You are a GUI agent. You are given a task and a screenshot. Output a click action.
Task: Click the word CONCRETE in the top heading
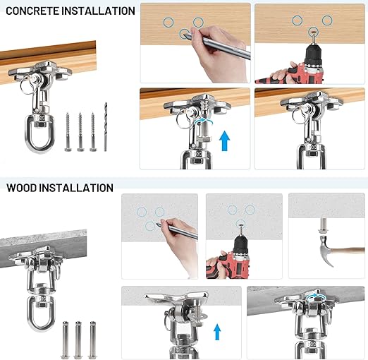[x=33, y=11]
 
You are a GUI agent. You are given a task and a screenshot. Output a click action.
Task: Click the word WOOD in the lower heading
[x=21, y=188]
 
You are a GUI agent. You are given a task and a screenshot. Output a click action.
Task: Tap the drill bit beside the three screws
[x=106, y=126]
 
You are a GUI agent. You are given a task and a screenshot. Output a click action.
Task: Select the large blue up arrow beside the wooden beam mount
[x=224, y=140]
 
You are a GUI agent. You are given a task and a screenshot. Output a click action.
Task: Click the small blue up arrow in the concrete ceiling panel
[x=217, y=332]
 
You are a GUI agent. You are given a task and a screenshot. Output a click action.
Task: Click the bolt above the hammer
[x=324, y=225]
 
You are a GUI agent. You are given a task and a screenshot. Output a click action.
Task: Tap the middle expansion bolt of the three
[x=78, y=340]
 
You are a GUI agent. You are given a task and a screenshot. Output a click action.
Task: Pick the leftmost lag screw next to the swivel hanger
[x=68, y=132]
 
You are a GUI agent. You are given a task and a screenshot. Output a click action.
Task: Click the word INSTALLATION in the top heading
[x=99, y=11]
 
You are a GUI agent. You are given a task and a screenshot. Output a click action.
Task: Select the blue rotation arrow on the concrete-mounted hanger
[x=316, y=297]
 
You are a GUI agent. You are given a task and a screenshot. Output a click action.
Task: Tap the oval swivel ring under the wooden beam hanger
[x=39, y=133]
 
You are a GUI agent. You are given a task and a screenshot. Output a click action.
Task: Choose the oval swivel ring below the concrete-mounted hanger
[x=42, y=313]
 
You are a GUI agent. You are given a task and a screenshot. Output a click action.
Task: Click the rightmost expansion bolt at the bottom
[x=92, y=340]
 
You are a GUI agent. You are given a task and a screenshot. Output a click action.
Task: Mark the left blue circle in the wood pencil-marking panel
[x=168, y=23]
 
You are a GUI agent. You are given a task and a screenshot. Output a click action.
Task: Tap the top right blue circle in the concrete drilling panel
[x=250, y=210]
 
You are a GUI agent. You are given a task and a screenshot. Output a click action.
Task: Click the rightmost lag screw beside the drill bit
[x=93, y=132]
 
